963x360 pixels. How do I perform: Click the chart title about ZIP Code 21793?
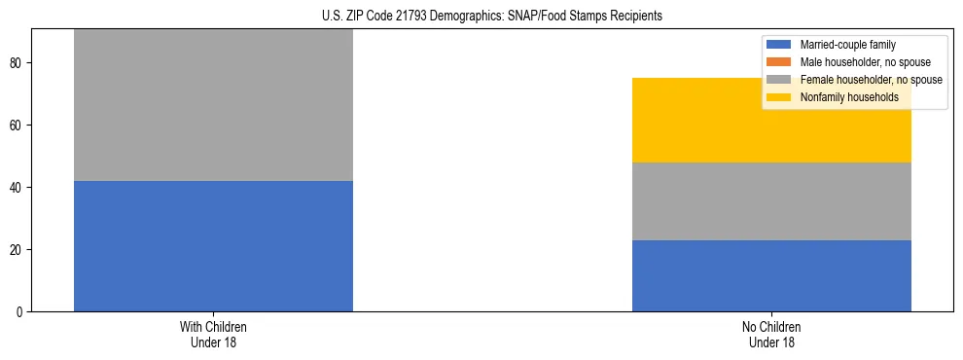[491, 17]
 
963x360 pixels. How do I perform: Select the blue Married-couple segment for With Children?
[213, 246]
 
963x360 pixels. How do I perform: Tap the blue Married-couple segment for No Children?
[771, 275]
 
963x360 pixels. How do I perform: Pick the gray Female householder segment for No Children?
[771, 201]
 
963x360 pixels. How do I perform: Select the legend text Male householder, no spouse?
[856, 62]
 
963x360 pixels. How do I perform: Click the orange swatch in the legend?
[779, 62]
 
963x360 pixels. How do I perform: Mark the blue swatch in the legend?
[779, 45]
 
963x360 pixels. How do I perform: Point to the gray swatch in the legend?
[779, 80]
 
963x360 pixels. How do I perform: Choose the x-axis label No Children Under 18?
[771, 335]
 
